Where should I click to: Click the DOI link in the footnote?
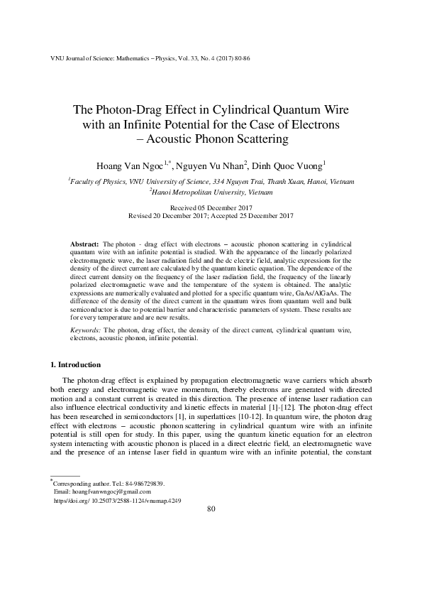click(x=118, y=500)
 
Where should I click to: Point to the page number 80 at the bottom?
click(x=211, y=509)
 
